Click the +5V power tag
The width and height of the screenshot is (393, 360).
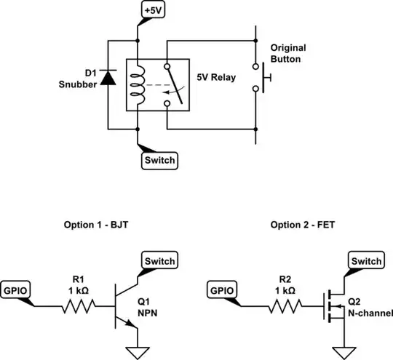click(x=154, y=11)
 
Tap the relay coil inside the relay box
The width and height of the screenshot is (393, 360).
click(x=136, y=81)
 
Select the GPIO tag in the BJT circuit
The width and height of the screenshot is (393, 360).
click(x=17, y=289)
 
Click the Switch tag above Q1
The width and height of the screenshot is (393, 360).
click(x=158, y=260)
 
